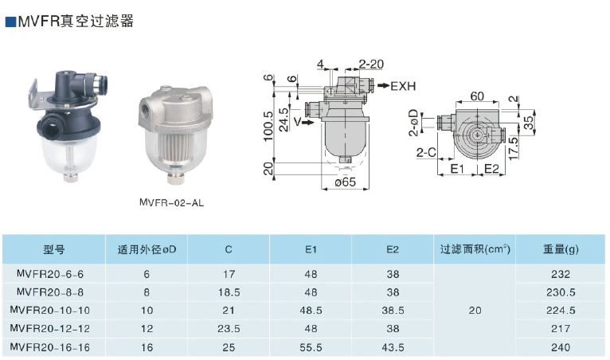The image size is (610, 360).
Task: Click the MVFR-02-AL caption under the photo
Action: tap(171, 203)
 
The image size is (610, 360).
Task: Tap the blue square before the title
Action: tap(10, 22)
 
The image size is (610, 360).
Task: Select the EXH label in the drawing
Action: tap(403, 86)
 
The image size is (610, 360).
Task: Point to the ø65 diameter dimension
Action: tap(346, 182)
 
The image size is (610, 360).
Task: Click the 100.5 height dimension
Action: tap(268, 126)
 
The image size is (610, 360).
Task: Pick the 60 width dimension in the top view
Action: tap(477, 96)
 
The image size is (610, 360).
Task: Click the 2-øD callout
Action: tap(413, 123)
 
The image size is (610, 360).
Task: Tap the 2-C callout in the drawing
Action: tap(426, 153)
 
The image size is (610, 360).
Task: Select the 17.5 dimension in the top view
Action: tap(514, 148)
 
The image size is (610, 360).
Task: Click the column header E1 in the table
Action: tap(311, 249)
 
